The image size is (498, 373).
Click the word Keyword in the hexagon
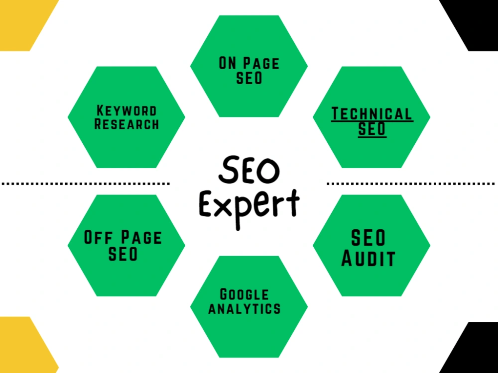tap(126, 111)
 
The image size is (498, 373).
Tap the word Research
tap(126, 124)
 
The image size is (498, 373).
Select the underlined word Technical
tap(372, 114)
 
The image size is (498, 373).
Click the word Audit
tap(369, 259)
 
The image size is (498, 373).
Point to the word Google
tap(244, 294)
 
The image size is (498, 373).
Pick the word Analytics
tap(245, 308)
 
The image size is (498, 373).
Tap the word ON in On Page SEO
tap(228, 63)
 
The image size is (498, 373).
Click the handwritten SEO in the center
tap(249, 170)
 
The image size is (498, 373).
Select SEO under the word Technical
tap(372, 129)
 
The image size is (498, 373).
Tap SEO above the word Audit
tap(369, 238)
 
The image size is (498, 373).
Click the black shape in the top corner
tap(473, 22)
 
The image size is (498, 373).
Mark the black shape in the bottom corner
tap(473, 349)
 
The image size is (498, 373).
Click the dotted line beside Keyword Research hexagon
tap(86, 184)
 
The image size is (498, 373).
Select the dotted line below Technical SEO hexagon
tap(411, 184)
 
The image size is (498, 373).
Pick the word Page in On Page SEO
tap(261, 63)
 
